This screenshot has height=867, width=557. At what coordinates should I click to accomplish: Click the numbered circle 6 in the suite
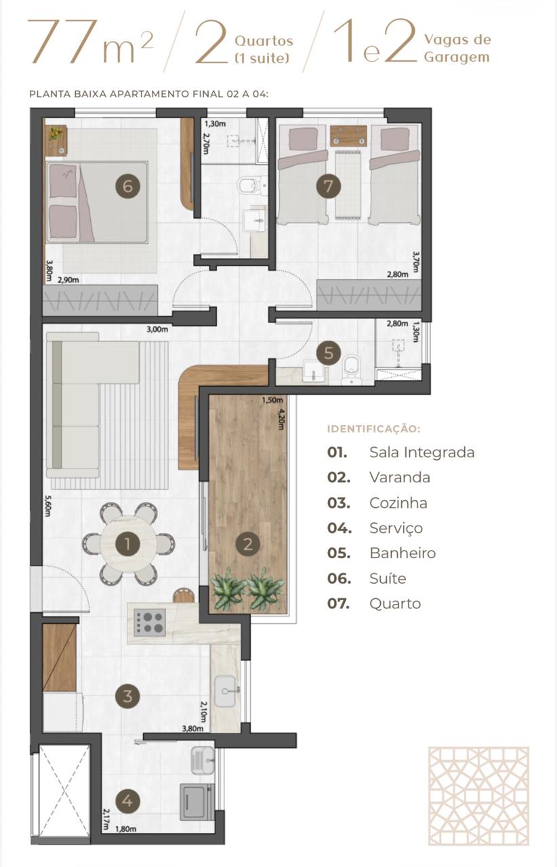click(x=128, y=186)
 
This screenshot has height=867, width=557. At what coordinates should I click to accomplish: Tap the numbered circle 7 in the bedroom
click(x=329, y=186)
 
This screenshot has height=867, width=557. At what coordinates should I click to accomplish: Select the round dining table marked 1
click(x=128, y=544)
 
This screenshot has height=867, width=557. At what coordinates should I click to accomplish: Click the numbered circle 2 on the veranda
click(x=248, y=544)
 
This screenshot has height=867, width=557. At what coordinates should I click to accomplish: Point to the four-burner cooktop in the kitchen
click(x=150, y=622)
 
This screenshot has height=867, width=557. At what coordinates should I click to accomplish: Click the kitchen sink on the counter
click(x=225, y=691)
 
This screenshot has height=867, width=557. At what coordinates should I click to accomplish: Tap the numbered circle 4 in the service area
click(x=128, y=801)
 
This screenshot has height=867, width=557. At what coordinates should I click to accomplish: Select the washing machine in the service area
click(x=197, y=802)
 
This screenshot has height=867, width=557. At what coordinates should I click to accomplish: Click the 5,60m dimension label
click(x=47, y=506)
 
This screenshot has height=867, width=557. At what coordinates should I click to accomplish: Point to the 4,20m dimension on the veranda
click(x=281, y=419)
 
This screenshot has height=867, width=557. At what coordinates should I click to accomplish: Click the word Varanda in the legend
click(x=400, y=478)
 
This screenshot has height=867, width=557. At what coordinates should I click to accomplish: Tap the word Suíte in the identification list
click(x=388, y=578)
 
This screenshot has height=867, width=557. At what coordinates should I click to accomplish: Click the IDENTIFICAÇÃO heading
click(x=374, y=429)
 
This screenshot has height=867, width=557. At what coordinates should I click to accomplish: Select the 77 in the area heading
click(x=62, y=41)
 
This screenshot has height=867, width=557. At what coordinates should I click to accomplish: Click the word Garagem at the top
click(x=457, y=57)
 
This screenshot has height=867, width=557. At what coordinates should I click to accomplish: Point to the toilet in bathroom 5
click(x=351, y=370)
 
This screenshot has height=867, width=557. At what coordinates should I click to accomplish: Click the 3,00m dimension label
click(x=157, y=330)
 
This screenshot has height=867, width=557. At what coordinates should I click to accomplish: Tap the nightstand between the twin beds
click(x=348, y=135)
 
